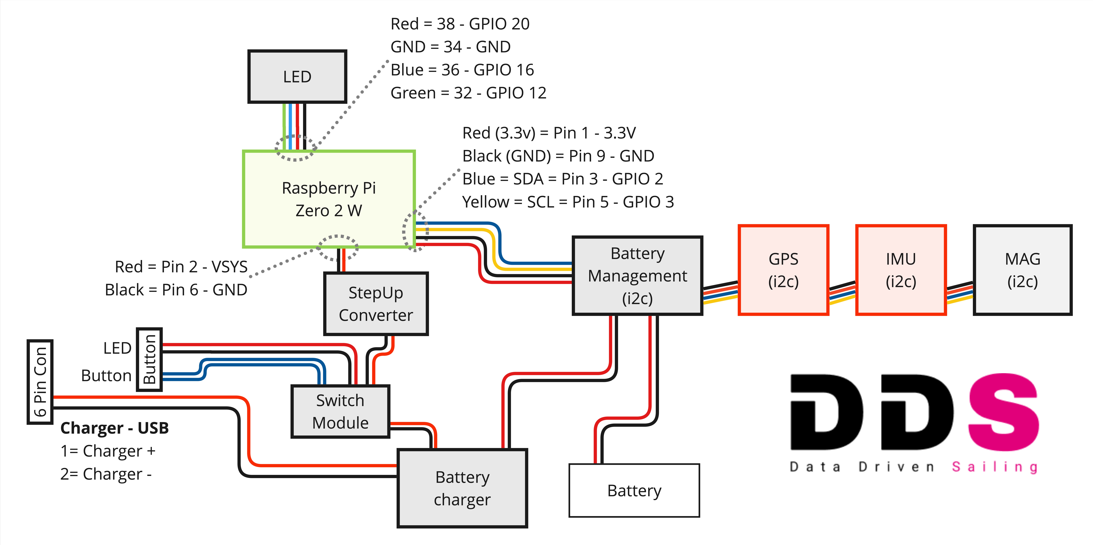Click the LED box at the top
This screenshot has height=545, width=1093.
click(x=297, y=77)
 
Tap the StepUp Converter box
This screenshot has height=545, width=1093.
click(x=376, y=304)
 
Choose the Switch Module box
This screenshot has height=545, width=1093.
click(x=340, y=411)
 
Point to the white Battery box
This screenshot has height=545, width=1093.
click(x=634, y=490)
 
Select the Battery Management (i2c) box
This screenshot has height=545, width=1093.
click(x=637, y=276)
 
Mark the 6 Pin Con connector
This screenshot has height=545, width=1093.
click(x=40, y=382)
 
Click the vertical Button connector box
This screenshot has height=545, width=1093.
click(x=149, y=359)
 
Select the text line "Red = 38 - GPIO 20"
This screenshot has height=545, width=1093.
click(x=460, y=24)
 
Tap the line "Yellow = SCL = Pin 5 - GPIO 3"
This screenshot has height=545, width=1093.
click(x=568, y=202)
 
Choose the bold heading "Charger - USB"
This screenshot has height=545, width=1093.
click(x=115, y=428)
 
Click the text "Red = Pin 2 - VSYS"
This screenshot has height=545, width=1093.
click(x=181, y=267)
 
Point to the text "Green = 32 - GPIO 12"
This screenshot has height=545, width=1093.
click(x=468, y=93)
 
